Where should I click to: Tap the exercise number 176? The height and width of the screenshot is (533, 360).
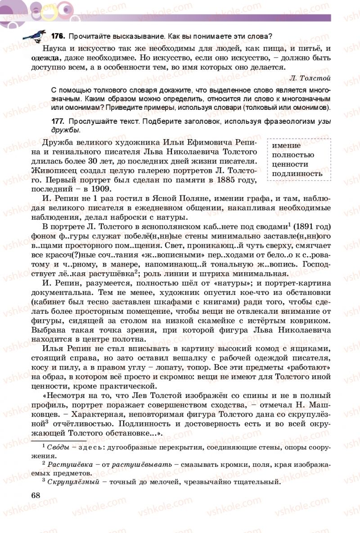58,36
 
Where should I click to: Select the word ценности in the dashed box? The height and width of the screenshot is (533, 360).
290,164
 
